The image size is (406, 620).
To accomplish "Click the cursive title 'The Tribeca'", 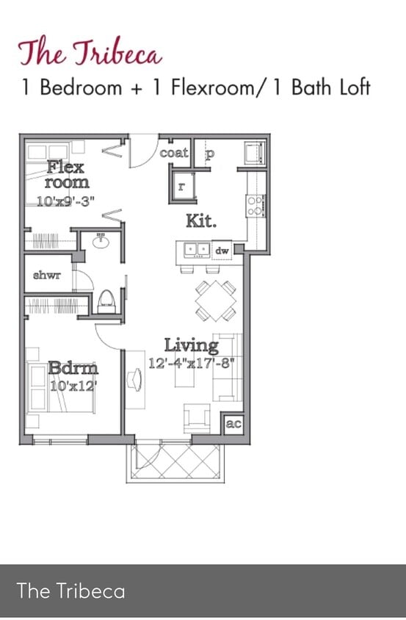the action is point(90,53).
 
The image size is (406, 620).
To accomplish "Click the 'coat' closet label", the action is point(174,152).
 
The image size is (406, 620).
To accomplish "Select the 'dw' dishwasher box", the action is point(222,250).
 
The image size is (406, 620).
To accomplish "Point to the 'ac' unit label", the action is point(233,423).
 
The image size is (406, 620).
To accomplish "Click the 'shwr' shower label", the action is point(47,275).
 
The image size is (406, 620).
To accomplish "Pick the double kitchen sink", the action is point(197,250).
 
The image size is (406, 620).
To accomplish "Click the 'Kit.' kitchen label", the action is point(201,221).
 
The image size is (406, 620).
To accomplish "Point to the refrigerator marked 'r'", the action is point(183,187).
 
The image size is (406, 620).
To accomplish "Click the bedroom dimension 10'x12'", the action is point(73,386).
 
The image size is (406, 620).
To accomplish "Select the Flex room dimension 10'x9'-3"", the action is point(66,202).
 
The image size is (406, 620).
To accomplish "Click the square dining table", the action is point(216,301).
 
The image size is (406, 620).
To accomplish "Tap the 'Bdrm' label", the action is point(73,368).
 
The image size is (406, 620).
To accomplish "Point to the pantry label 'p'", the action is point(209,154).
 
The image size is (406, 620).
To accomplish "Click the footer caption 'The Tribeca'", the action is point(71,591).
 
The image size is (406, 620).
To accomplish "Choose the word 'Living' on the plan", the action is point(192,345).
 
